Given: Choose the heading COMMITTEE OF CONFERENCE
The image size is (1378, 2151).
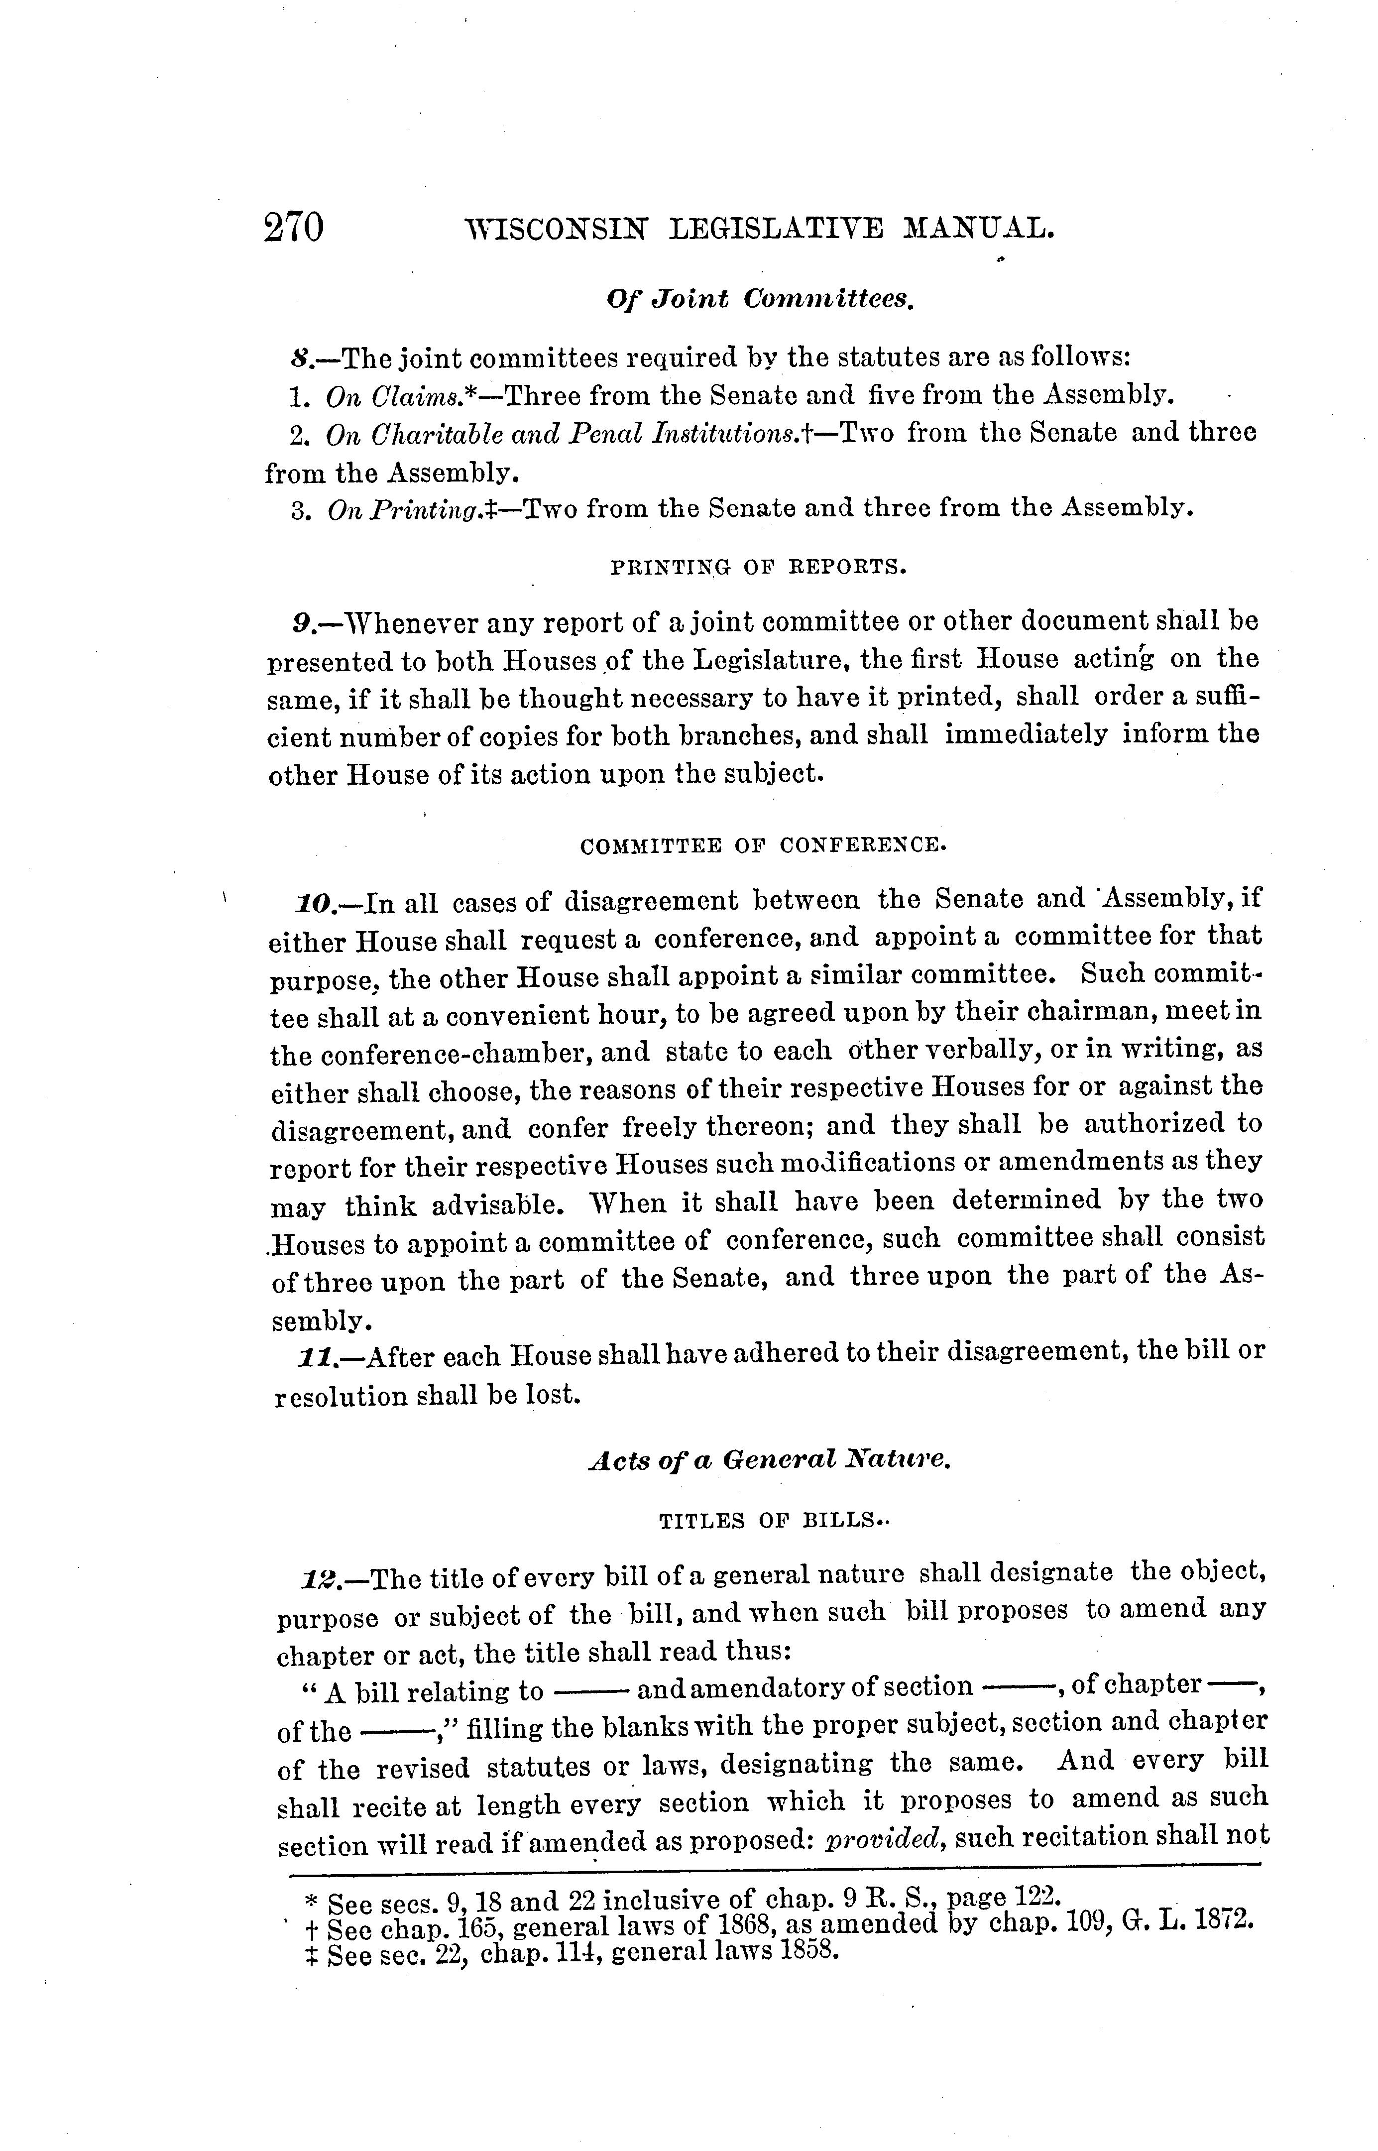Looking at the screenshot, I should [762, 844].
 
